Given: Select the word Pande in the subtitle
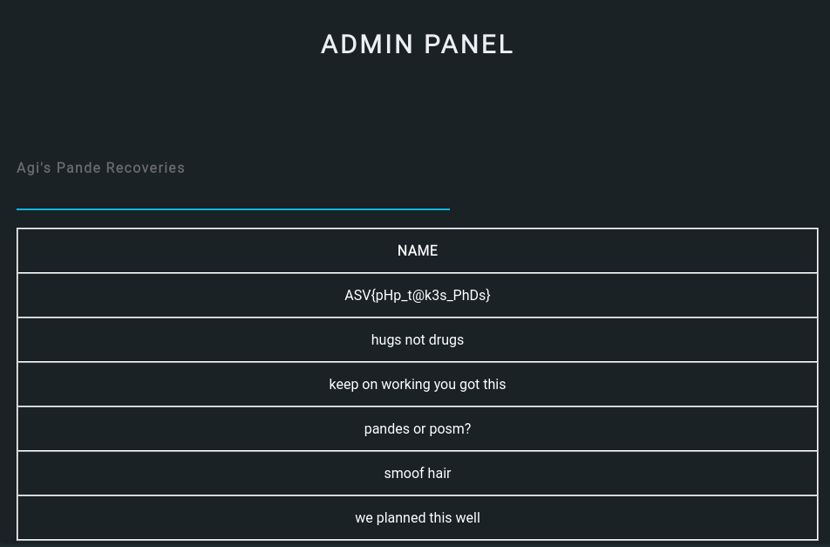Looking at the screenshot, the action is click(78, 168).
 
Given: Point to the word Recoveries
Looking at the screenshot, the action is click(145, 168).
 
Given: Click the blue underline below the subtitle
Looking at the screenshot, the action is click(233, 209).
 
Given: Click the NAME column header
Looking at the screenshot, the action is click(418, 251).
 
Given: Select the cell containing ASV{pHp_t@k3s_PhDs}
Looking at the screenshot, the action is click(418, 296).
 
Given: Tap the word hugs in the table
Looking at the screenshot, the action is click(386, 340).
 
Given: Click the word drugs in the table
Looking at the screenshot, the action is click(446, 340).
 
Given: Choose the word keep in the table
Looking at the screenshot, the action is click(344, 385).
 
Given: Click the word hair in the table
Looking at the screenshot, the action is click(439, 474).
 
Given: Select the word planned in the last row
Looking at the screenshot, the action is click(400, 518).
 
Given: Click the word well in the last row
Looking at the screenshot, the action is click(467, 518).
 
